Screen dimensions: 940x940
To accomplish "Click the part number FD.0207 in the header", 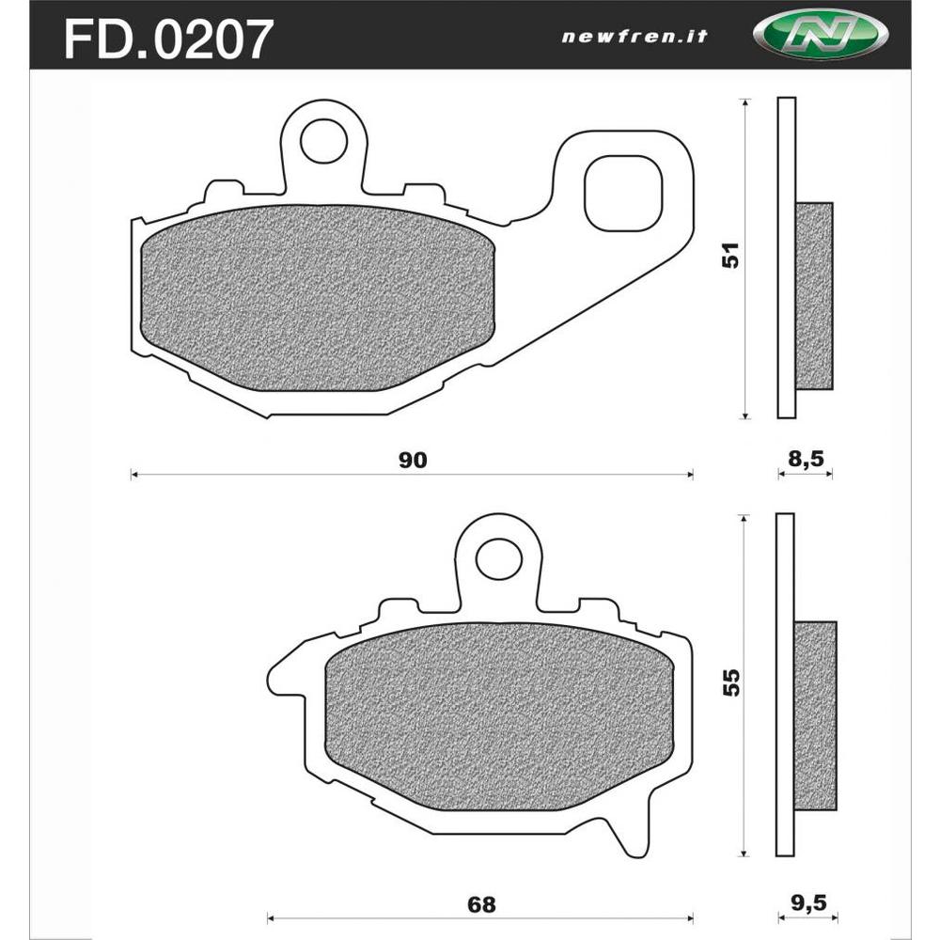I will (x=168, y=39).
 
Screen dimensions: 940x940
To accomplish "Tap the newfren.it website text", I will (x=634, y=38).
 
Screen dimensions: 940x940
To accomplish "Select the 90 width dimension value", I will (x=413, y=460).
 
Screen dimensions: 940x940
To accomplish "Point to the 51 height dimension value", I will (x=730, y=256).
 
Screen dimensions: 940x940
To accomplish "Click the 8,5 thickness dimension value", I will (x=806, y=460).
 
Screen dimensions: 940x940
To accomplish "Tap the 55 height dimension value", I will (x=730, y=681).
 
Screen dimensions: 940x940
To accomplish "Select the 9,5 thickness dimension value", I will (x=806, y=905).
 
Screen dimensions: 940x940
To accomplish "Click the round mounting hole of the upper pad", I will (x=323, y=140).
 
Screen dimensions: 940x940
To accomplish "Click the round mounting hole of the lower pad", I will (x=498, y=560).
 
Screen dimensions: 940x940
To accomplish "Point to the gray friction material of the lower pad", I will (x=498, y=716).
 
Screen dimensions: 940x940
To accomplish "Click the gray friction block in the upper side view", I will (x=814, y=295).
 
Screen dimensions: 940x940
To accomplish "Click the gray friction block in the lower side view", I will (x=815, y=716).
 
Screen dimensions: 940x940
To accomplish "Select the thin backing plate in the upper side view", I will (x=787, y=258).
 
